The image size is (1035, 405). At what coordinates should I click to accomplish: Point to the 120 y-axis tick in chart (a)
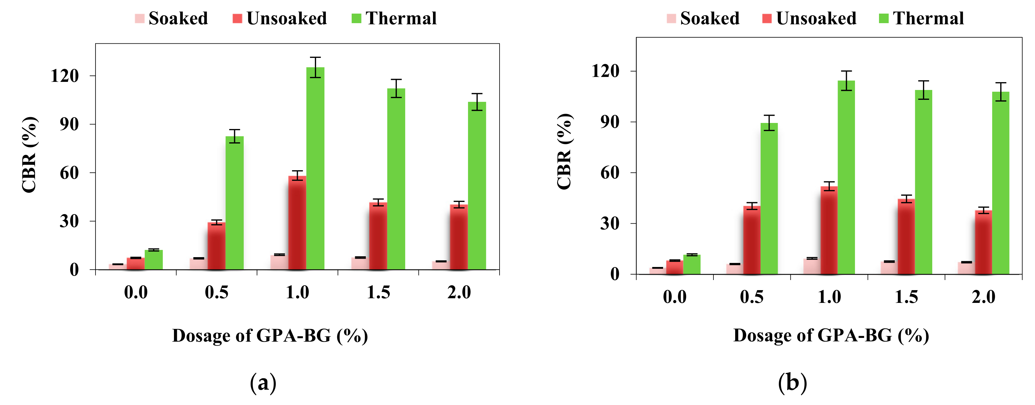point(65,76)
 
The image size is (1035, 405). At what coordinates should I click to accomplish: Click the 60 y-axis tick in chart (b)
point(610,173)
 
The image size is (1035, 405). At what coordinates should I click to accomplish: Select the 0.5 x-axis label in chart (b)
point(752,297)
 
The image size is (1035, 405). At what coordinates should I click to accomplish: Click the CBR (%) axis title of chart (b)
point(564,151)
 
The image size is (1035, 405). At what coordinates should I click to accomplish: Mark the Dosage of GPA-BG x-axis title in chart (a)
point(270,336)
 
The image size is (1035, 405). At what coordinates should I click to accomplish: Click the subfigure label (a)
point(263,382)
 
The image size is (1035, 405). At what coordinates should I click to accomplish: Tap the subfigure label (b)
point(792,382)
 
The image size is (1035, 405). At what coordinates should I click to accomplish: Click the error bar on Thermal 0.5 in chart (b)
point(769,123)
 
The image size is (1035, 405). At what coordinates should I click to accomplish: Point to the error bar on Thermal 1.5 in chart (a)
point(396,88)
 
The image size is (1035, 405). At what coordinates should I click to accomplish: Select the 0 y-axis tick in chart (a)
point(74,270)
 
